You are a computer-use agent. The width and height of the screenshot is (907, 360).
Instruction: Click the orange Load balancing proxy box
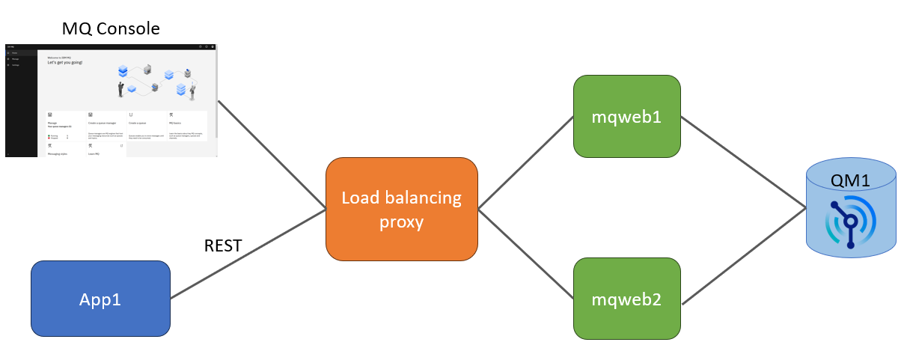click(402, 209)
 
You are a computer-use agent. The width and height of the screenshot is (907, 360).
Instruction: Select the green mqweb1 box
click(626, 117)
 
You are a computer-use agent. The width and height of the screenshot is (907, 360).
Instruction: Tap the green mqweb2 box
click(626, 300)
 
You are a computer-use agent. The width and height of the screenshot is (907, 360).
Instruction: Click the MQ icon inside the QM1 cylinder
click(852, 222)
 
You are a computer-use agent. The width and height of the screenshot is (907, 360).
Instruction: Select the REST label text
click(223, 245)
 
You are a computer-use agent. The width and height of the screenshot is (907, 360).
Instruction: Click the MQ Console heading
click(111, 29)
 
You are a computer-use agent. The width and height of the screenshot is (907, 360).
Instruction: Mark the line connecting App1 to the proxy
click(247, 254)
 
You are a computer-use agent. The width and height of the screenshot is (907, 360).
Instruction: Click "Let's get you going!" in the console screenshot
click(65, 62)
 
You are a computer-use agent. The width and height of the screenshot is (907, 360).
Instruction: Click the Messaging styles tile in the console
click(62, 152)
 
